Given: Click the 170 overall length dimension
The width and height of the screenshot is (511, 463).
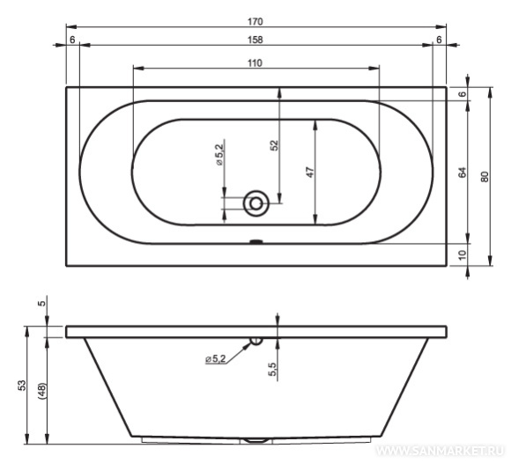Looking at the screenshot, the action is pyautogui.click(x=255, y=22).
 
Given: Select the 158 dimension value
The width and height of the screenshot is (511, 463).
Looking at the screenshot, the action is pyautogui.click(x=255, y=40).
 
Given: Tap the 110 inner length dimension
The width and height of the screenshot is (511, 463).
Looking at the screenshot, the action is pyautogui.click(x=255, y=62).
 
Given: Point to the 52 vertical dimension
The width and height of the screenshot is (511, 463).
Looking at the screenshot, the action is pyautogui.click(x=274, y=145).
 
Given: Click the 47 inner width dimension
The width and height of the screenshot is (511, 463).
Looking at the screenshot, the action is pyautogui.click(x=310, y=172).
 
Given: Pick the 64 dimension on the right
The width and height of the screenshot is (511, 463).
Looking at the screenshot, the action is pyautogui.click(x=463, y=172).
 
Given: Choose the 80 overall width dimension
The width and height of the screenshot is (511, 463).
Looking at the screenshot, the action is pyautogui.click(x=485, y=176).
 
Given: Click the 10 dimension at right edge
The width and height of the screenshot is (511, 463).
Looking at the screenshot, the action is pyautogui.click(x=463, y=254).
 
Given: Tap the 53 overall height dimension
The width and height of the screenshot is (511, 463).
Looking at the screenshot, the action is pyautogui.click(x=21, y=386).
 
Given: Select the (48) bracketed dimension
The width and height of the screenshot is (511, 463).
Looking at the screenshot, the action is pyautogui.click(x=42, y=391).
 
